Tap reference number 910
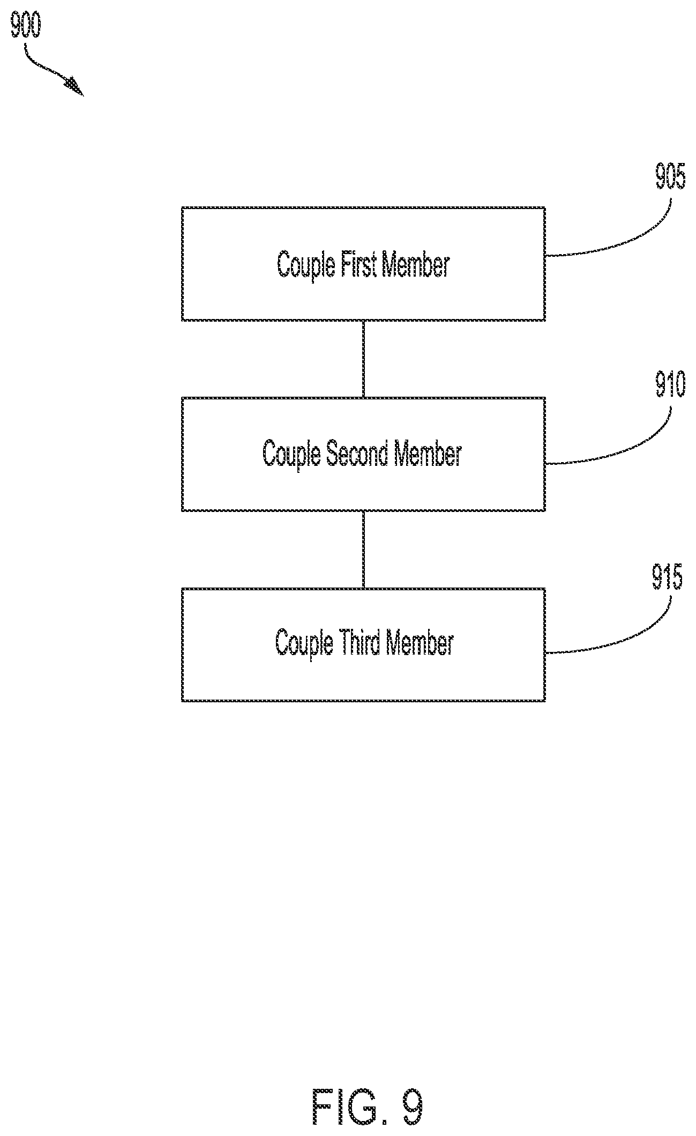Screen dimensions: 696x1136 670,384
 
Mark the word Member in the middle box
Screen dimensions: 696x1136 427,454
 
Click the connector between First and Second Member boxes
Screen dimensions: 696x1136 364,359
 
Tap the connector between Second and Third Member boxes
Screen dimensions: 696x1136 364,550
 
